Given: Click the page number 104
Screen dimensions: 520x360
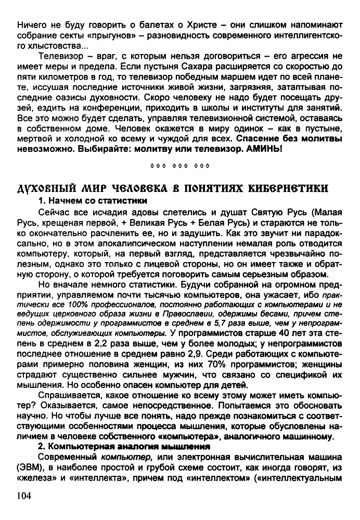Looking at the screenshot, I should click(x=24, y=497).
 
